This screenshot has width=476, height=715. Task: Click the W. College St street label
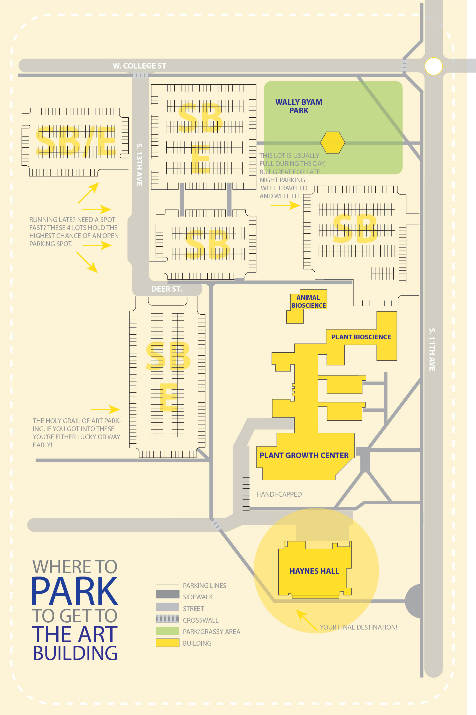tap(139, 66)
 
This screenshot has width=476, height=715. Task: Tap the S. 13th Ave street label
tap(139, 165)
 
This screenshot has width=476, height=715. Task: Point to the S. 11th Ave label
tap(432, 349)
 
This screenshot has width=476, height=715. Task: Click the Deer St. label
tap(167, 289)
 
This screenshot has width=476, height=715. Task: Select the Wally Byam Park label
tap(299, 106)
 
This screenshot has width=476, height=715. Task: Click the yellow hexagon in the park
tap(333, 142)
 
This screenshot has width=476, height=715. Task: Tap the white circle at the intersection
tap(434, 66)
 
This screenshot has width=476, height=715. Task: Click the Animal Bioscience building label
tap(309, 301)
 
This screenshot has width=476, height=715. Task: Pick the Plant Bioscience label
tap(361, 337)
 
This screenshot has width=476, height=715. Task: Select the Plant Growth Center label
tap(304, 455)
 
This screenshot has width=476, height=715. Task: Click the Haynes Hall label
tap(314, 571)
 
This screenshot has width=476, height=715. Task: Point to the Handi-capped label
tap(279, 494)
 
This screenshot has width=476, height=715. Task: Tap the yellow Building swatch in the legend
tap(167, 643)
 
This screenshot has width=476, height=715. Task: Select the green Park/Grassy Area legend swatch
tap(167, 631)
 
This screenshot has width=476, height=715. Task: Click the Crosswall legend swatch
tap(167, 618)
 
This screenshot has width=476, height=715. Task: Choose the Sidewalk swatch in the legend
tap(167, 594)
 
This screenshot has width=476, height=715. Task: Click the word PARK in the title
tap(74, 591)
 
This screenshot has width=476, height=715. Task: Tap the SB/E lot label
tap(76, 141)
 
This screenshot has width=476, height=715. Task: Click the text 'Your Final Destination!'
tap(358, 627)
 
